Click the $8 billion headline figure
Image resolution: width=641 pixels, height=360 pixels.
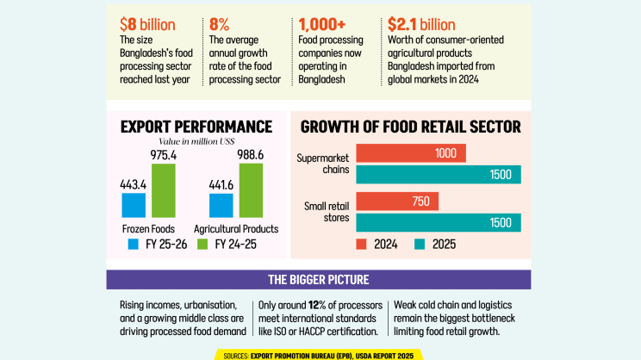pos(147,25)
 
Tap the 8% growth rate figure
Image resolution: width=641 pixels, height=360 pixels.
pos(219,25)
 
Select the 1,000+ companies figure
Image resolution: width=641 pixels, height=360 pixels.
pos(322,25)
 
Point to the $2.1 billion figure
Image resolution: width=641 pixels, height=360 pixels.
pos(421,25)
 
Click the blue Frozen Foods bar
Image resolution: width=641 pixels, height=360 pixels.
pos(134,205)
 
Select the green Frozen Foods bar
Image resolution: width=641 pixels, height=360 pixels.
pos(164,191)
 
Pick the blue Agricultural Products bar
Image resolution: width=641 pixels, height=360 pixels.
pos(221,206)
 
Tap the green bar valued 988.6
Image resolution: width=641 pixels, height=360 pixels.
pos(251,190)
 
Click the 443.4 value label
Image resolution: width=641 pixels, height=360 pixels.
pos(134,185)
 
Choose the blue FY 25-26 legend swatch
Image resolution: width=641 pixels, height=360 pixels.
pos(134,245)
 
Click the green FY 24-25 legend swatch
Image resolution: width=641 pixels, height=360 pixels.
pos(202,245)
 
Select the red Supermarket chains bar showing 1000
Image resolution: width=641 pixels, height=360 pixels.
pos(411,153)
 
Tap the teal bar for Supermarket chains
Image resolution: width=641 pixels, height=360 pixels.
pos(439,175)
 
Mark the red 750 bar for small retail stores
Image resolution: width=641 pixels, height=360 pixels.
pos(397,202)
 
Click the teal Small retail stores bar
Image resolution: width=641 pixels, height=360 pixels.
pos(439,223)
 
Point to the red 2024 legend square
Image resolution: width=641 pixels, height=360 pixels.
pos(361,245)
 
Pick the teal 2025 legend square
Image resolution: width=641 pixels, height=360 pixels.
pos(420,245)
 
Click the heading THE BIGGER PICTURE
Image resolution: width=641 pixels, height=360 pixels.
pos(319,280)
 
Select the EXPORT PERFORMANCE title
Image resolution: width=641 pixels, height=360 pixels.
pos(196,127)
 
